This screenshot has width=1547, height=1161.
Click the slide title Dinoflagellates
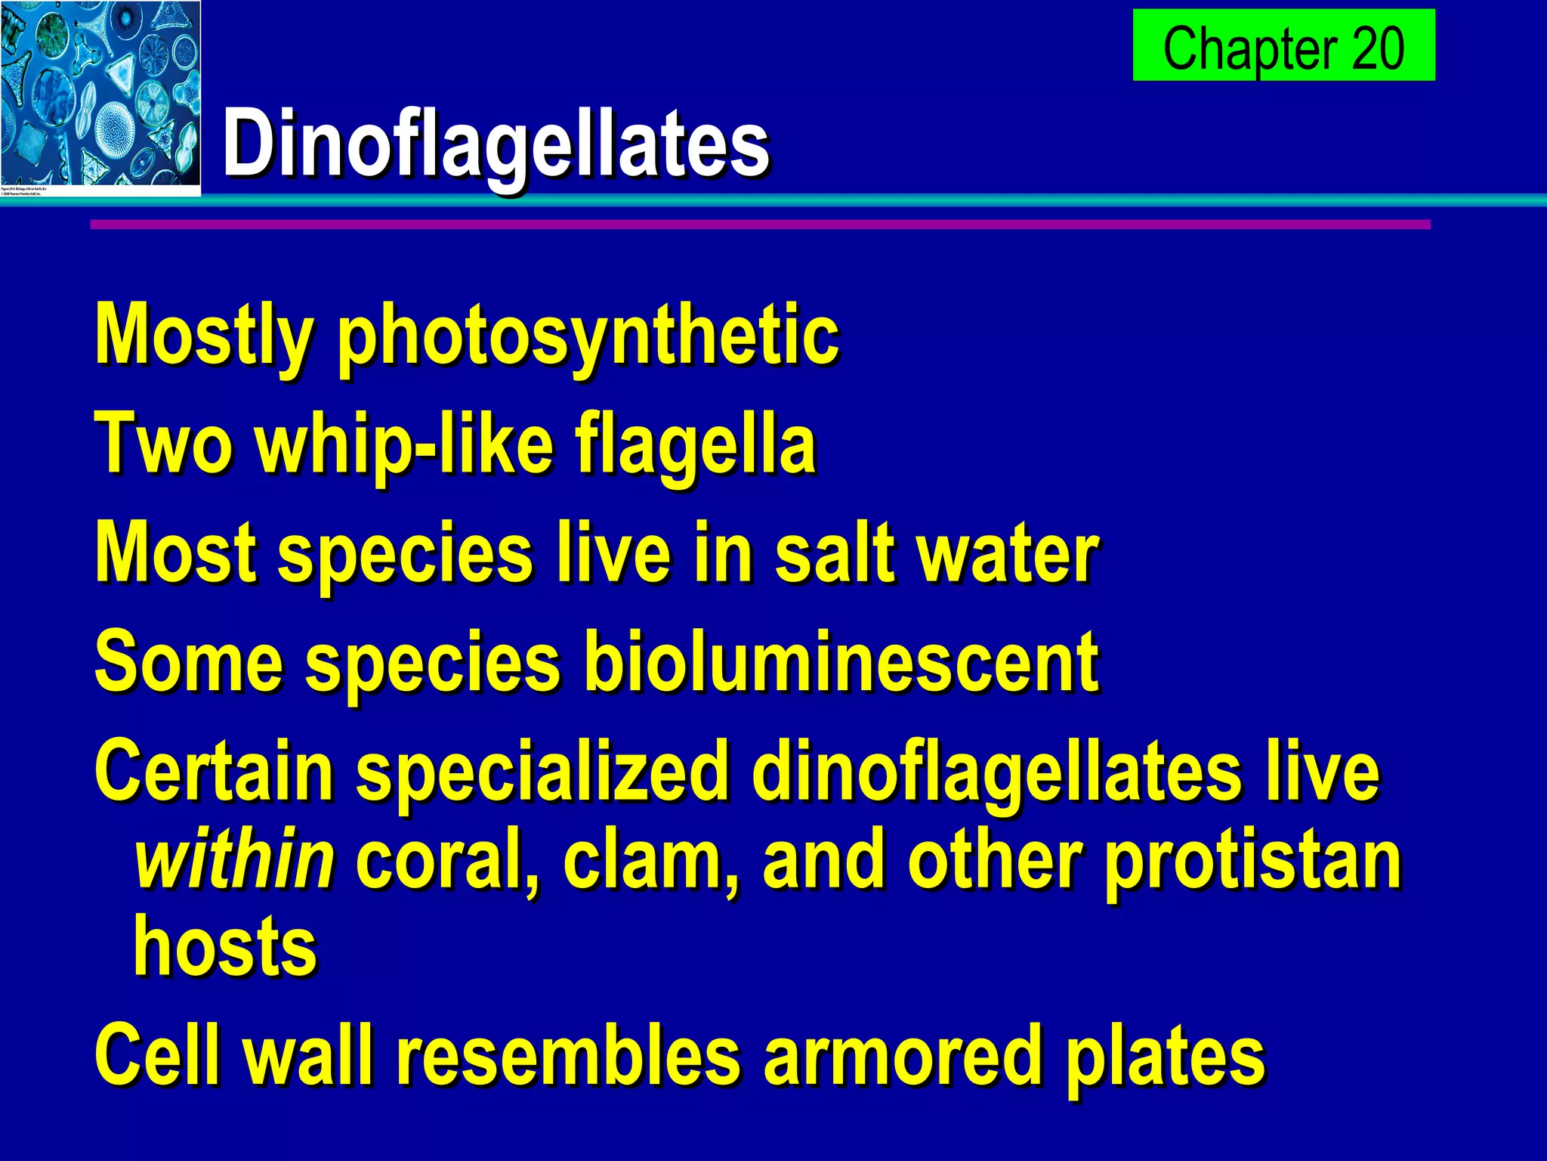496,144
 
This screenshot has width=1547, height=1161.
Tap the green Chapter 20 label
1283,47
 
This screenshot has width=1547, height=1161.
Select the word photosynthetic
588,336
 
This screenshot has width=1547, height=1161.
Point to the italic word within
234,859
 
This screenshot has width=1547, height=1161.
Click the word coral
446,859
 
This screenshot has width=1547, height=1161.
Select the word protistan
1254,859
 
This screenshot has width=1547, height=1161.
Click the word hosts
225,947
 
